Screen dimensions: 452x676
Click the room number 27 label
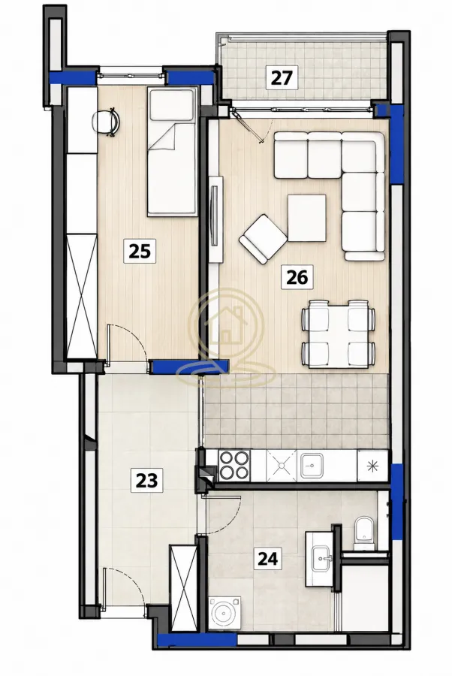click(x=282, y=77)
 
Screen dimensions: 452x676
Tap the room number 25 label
click(x=140, y=251)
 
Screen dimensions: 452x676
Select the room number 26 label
click(x=297, y=276)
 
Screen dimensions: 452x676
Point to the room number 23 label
click(x=146, y=480)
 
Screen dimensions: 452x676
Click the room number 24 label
click(x=267, y=559)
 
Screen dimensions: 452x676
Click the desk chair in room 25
click(x=106, y=122)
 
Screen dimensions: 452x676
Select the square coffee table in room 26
click(x=307, y=218)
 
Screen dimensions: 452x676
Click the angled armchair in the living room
click(x=263, y=238)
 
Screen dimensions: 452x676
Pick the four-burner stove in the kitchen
click(x=234, y=465)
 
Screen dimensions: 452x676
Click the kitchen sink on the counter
click(x=312, y=465)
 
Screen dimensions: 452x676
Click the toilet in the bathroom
click(x=364, y=533)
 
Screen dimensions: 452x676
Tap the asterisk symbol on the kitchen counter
click(x=372, y=466)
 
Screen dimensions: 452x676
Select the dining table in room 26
click(x=339, y=334)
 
